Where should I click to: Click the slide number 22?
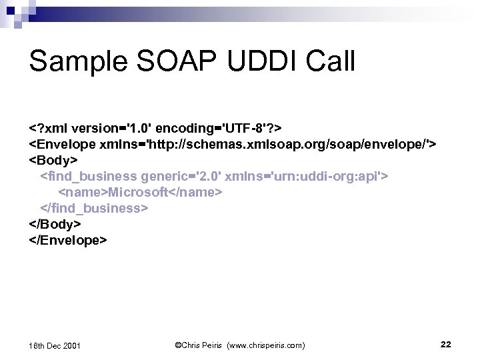tap(446, 344)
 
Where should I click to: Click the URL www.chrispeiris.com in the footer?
tap(267, 345)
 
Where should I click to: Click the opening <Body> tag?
tap(53, 161)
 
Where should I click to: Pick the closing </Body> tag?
tap(55, 223)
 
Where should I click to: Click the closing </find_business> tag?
tap(95, 208)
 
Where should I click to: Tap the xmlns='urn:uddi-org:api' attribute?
tap(308, 177)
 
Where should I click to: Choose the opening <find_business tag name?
tap(89, 177)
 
